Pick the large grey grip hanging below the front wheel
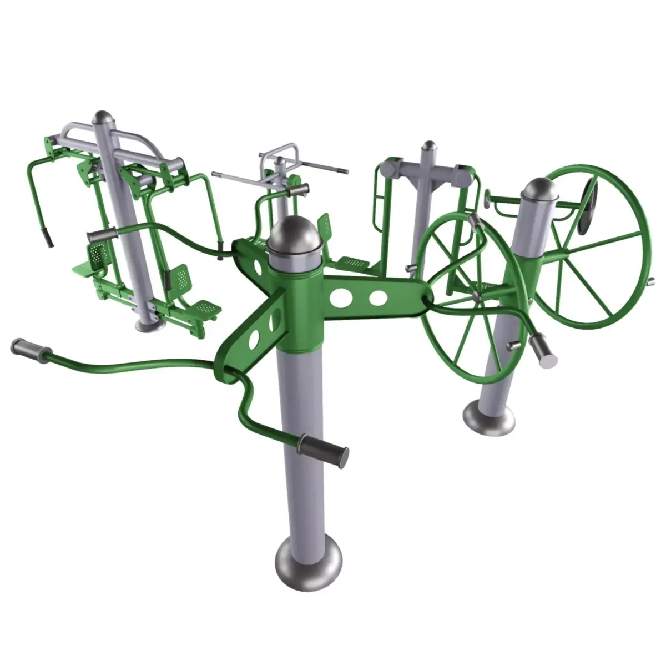point(543,351)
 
